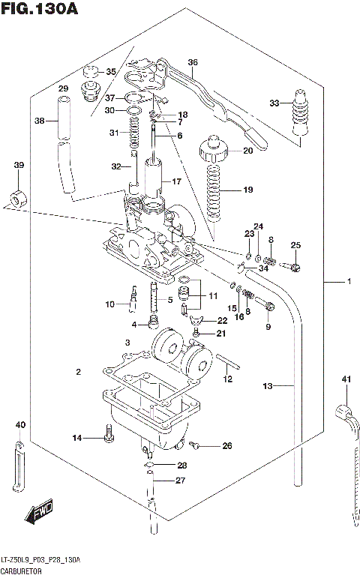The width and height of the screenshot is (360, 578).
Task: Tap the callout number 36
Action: (193, 62)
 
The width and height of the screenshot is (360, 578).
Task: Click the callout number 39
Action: (19, 165)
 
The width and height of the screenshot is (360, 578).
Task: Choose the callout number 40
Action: (20, 426)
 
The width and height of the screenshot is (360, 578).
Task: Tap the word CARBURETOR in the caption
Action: (22, 571)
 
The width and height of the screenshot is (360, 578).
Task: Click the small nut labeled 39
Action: (15, 199)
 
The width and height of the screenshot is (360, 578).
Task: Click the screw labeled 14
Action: (109, 433)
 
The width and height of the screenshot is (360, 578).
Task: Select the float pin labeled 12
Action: (229, 367)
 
